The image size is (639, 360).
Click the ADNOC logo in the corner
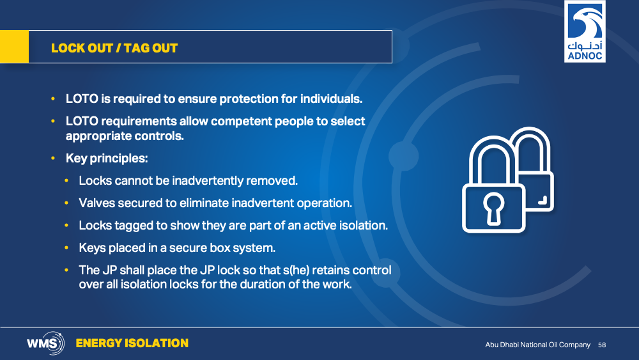[x=585, y=31]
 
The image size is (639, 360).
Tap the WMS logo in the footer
[x=45, y=343]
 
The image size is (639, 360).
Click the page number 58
[x=602, y=345]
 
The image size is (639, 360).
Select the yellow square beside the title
[x=14, y=47]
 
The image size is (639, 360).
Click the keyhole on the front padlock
[x=493, y=208]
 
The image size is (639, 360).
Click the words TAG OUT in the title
[x=151, y=48]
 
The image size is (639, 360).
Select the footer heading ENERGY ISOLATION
[x=132, y=343]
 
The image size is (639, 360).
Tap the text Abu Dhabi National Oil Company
[x=537, y=345]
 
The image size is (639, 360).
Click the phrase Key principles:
[x=107, y=158]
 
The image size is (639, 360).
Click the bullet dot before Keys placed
[x=66, y=247]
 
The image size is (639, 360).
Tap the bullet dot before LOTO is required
[x=53, y=98]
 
